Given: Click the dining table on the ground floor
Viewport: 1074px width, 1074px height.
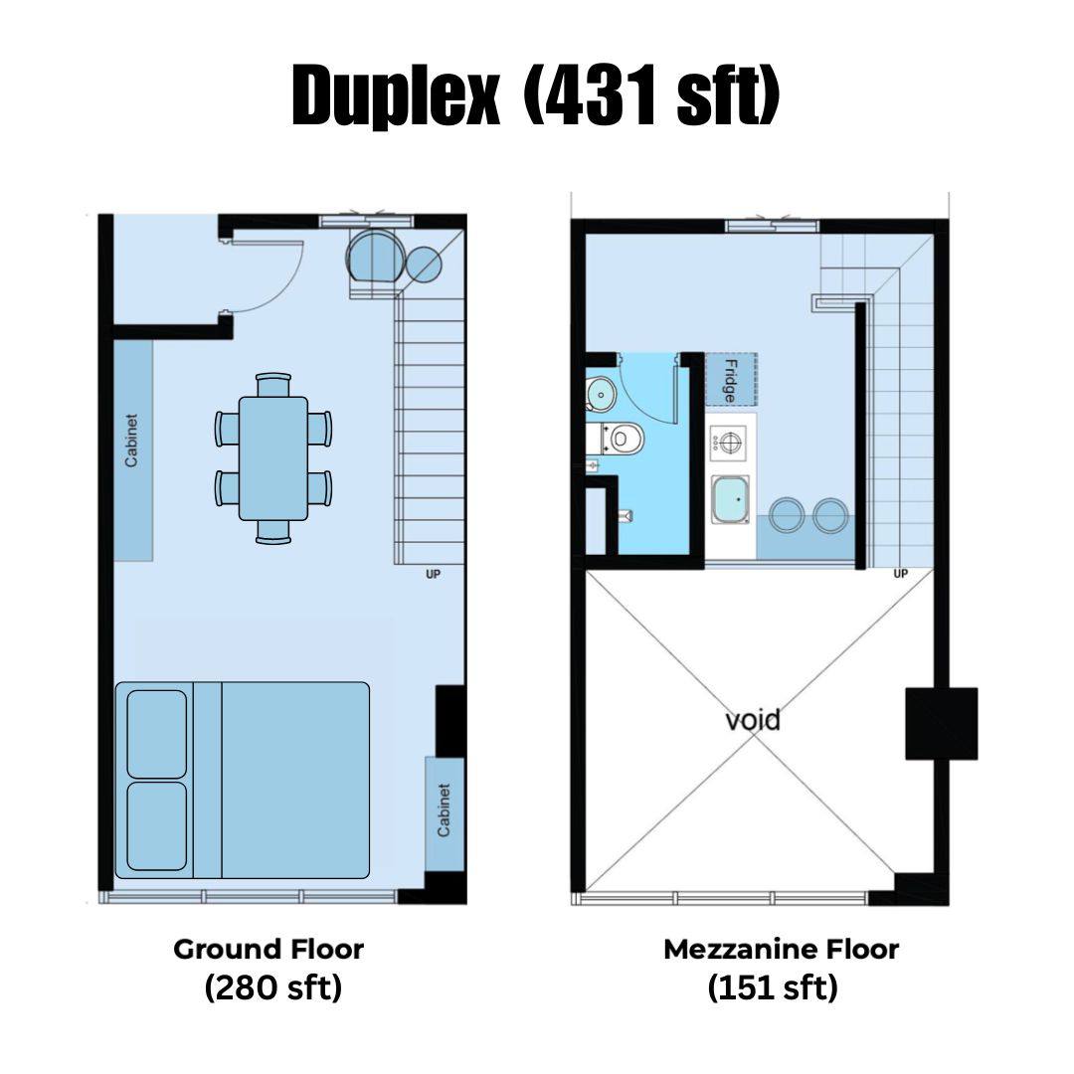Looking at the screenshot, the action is (273, 458).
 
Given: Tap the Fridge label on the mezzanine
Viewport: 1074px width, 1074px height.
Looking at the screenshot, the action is (730, 381).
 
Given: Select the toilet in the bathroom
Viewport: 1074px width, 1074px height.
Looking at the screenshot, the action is (622, 438).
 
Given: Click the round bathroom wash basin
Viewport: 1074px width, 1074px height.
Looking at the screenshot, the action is (601, 393).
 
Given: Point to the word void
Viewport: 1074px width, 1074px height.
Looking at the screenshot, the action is (752, 720).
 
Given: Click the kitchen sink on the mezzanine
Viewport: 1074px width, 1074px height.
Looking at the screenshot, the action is (730, 499).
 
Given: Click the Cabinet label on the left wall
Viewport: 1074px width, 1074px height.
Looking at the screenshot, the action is (131, 441).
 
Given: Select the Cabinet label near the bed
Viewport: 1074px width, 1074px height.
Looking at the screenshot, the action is (444, 810).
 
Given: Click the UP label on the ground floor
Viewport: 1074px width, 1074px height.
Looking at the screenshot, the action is (433, 574).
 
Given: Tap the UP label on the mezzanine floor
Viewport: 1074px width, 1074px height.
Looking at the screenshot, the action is (900, 574).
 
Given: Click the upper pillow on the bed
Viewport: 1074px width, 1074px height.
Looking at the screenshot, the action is (157, 734).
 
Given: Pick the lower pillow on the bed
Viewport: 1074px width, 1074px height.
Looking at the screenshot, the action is (157, 826).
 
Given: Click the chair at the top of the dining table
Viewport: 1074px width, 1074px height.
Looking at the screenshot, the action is (273, 384).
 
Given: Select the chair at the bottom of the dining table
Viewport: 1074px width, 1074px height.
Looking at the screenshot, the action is (273, 532).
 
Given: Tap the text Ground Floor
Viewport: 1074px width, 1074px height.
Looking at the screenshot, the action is (268, 950).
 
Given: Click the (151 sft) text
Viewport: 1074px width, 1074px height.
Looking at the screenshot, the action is (773, 987).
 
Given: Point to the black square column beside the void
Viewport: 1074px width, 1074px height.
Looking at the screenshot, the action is (941, 723).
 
